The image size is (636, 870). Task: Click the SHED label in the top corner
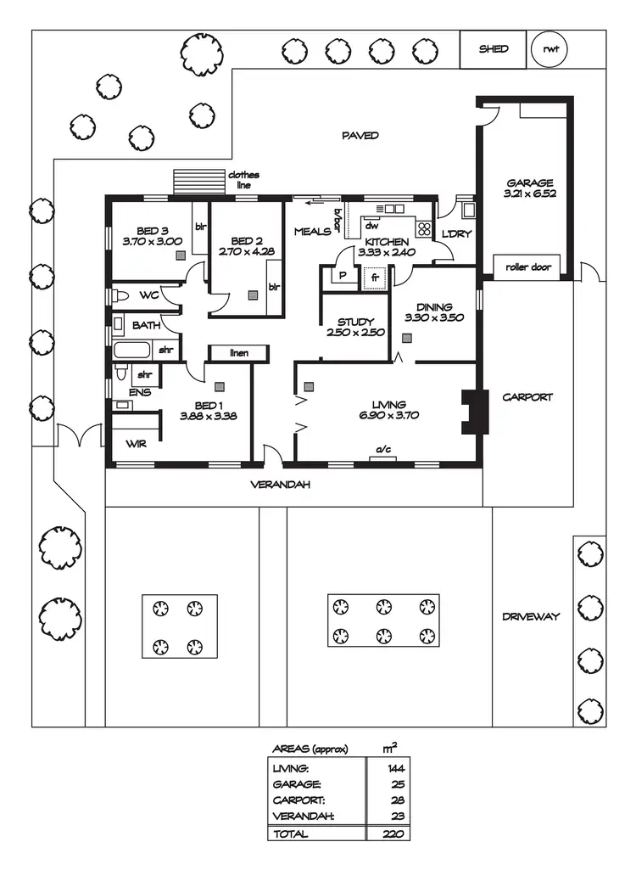click(x=493, y=49)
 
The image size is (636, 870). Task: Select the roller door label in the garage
click(x=528, y=267)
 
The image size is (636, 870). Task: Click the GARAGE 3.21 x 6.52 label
click(x=530, y=188)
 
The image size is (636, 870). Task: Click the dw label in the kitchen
click(x=371, y=226)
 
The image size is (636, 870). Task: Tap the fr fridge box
click(x=374, y=277)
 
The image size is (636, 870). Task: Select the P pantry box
click(x=343, y=277)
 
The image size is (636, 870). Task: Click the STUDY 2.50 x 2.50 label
click(x=356, y=327)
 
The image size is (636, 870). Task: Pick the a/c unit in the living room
click(x=383, y=457)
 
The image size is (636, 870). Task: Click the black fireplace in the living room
click(x=473, y=412)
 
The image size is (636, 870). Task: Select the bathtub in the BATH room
click(x=131, y=350)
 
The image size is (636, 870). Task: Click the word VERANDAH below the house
click(x=279, y=486)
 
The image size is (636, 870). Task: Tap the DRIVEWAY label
click(x=530, y=616)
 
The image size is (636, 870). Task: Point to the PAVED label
click(x=360, y=136)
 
